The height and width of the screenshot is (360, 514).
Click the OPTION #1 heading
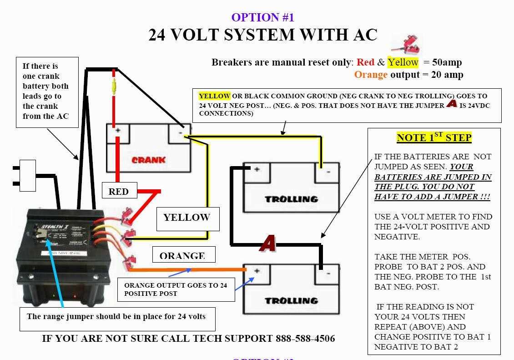[263, 17]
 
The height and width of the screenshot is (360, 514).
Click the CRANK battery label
[148, 160]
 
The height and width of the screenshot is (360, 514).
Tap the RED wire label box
[118, 192]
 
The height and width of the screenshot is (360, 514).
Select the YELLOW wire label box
[186, 218]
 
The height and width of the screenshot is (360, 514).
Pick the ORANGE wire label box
[182, 256]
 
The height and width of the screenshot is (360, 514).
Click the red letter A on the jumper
[268, 244]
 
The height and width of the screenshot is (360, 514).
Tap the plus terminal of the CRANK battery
[118, 131]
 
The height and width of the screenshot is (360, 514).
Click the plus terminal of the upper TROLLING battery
[257, 169]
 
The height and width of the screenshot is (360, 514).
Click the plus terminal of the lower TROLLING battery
[257, 271]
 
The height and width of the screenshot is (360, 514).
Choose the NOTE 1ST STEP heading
[434, 137]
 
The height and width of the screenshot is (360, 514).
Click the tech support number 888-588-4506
[305, 339]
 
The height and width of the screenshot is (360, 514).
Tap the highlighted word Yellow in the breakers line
[403, 62]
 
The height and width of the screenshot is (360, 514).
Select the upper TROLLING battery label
[291, 199]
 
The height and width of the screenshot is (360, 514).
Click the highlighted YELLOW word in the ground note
[214, 96]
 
